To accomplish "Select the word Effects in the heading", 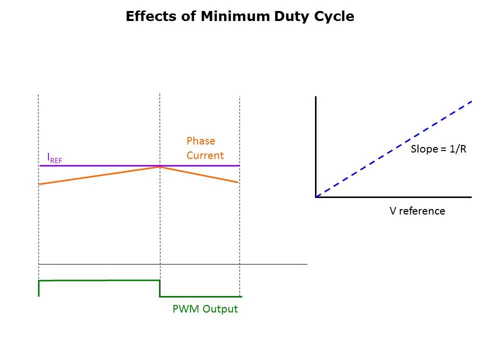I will [x=149, y=16].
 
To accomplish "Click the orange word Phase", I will [x=200, y=141].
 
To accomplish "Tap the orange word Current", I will [x=205, y=155].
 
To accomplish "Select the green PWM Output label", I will [x=205, y=309].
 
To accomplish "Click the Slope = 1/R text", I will [x=438, y=149].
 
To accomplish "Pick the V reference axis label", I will [x=417, y=211].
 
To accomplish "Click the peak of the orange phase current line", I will [x=159, y=167].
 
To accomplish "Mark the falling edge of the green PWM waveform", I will [x=159, y=288].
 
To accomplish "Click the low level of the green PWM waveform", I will [x=200, y=296].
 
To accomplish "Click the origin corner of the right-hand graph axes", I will [x=316, y=197].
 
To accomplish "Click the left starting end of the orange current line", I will [x=39, y=184].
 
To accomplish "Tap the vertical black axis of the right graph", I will [x=316, y=145].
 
